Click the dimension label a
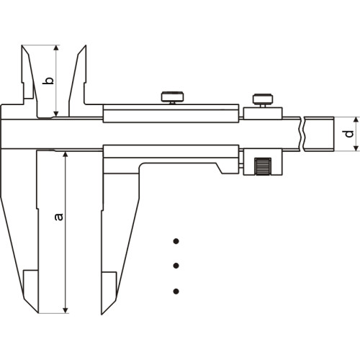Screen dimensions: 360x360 coord(59,217)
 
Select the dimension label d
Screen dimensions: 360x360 coord(349,134)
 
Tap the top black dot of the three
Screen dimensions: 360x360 coord(176,241)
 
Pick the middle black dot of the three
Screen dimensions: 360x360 coord(176,266)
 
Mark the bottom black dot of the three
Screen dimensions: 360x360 coord(176,292)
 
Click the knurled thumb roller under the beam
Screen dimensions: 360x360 coord(263,166)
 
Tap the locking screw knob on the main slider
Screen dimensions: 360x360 coord(173,96)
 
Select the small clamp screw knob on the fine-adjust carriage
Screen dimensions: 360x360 coord(263,99)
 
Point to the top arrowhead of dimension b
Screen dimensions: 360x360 coord(56,48)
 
